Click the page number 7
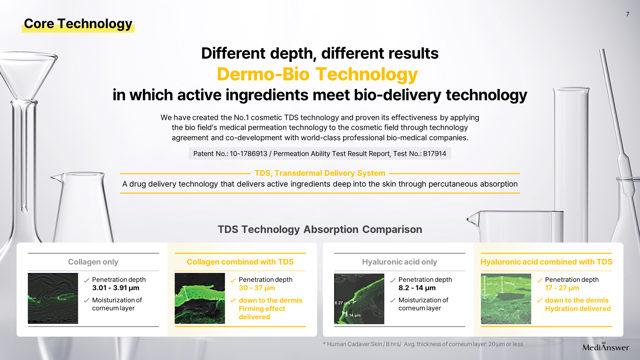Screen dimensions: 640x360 coord(628,14)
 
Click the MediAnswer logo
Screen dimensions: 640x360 coord(605,347)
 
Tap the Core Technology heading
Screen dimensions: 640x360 coord(78,24)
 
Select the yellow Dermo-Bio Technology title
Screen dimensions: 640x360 coord(317,74)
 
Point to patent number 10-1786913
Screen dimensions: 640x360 coord(248,154)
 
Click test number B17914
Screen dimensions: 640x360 coord(435,154)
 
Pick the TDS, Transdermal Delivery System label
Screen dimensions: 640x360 coord(320,173)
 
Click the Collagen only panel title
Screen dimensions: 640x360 coord(93,262)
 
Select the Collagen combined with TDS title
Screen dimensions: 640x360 coord(240,262)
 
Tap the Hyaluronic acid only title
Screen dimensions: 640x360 coord(399,262)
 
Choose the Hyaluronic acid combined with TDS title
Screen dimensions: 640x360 coord(546,262)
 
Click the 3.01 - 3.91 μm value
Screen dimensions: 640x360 coord(116,288)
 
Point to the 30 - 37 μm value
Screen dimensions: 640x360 coord(257,288)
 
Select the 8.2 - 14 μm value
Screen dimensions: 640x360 coord(417,288)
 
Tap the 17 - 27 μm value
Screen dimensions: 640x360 coord(562,288)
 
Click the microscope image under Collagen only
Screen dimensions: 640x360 coord(53,298)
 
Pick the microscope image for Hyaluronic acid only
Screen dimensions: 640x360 coord(359,299)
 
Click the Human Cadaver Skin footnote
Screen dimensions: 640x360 coord(423,344)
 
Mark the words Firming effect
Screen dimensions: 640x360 coord(262,308)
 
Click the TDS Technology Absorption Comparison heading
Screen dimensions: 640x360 coord(320,229)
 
